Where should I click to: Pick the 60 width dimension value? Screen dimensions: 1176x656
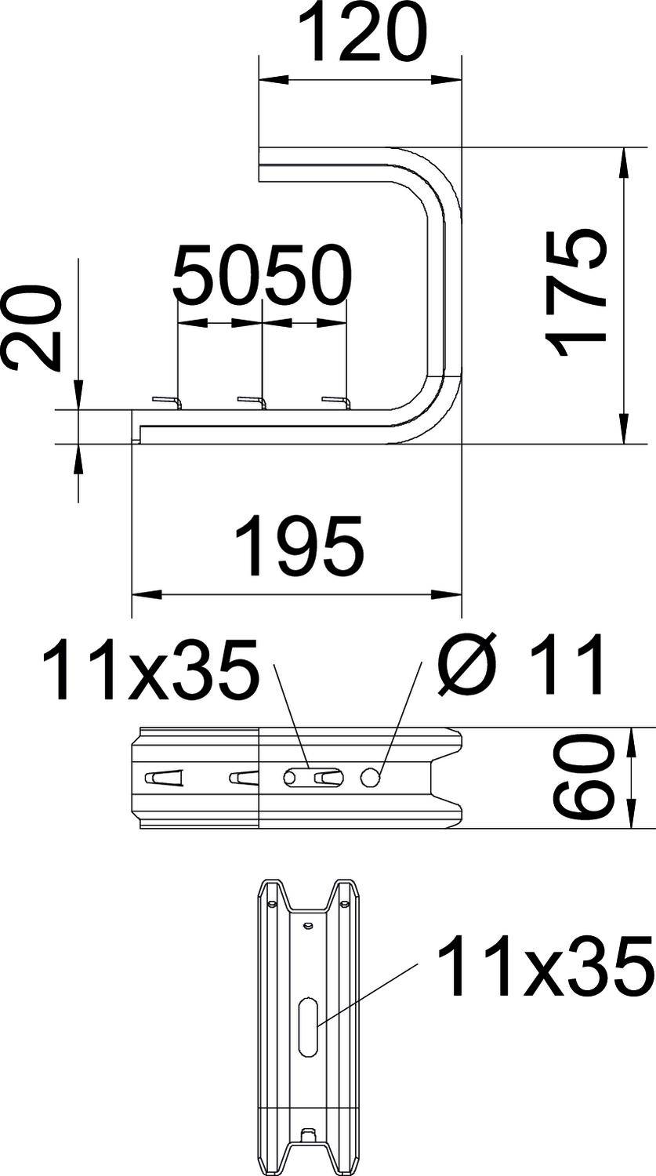coord(582,777)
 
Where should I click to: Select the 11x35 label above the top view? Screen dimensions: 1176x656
coord(150,670)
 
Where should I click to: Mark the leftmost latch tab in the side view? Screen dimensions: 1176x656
coord(167,402)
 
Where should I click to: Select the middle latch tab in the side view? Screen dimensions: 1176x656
coord(252,402)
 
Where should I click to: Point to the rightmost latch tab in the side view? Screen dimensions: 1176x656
coord(335,402)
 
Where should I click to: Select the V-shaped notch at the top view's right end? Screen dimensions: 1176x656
coord(444,777)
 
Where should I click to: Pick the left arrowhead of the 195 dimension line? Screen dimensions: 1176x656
coord(141,594)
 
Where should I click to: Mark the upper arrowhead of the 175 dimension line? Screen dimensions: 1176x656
coord(624,160)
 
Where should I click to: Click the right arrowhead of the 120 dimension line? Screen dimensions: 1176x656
coord(450,79)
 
